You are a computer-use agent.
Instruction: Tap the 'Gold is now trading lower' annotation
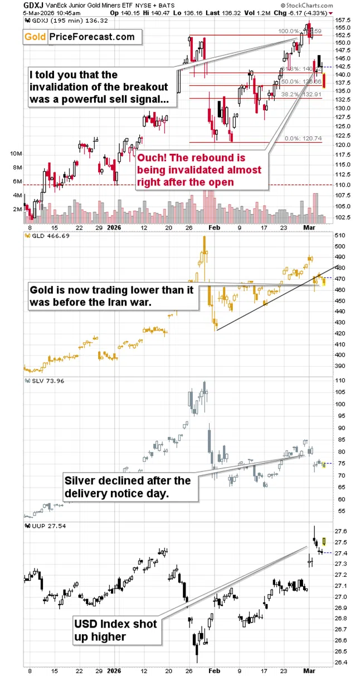[x=111, y=296]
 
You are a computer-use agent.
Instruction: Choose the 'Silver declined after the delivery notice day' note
[x=128, y=487]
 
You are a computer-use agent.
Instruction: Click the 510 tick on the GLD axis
[x=340, y=235]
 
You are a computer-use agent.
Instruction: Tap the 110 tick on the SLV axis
[x=340, y=381]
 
